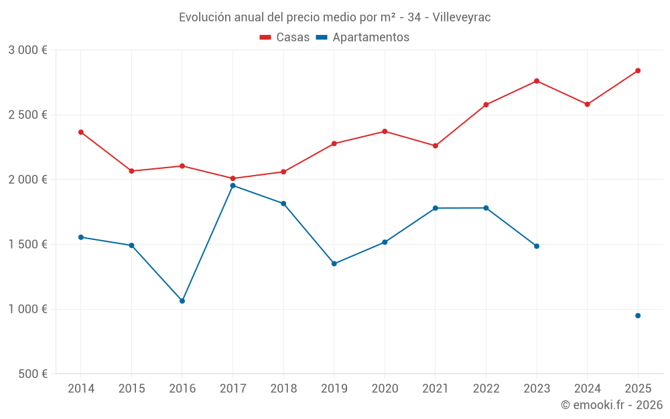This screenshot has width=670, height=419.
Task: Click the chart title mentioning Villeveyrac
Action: click(x=334, y=17)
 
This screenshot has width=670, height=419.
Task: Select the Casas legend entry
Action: click(x=285, y=38)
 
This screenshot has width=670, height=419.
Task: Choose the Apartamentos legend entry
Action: click(x=362, y=38)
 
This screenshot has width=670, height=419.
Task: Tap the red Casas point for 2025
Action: click(x=638, y=70)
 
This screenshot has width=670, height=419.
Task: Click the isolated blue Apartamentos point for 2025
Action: click(x=638, y=316)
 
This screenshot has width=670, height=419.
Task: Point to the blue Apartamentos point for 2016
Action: click(x=182, y=301)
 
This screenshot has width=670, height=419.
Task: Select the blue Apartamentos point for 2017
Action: click(x=232, y=186)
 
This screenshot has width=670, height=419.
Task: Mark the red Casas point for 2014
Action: click(x=81, y=132)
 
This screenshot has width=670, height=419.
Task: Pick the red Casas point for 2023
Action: click(x=537, y=81)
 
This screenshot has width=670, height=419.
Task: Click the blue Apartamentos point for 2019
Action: click(x=334, y=263)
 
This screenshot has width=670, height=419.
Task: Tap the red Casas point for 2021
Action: click(x=435, y=145)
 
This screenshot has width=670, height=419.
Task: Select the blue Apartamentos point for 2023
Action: click(x=537, y=246)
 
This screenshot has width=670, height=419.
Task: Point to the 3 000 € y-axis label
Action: click(x=27, y=50)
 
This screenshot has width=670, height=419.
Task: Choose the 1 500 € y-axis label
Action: click(x=27, y=245)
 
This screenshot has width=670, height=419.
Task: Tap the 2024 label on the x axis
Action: click(x=588, y=389)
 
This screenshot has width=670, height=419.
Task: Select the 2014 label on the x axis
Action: click(x=81, y=389)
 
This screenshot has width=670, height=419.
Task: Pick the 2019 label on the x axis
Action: click(x=334, y=389)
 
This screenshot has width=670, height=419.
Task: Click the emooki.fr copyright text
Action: click(x=611, y=405)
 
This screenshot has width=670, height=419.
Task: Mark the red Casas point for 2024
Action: click(x=588, y=105)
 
